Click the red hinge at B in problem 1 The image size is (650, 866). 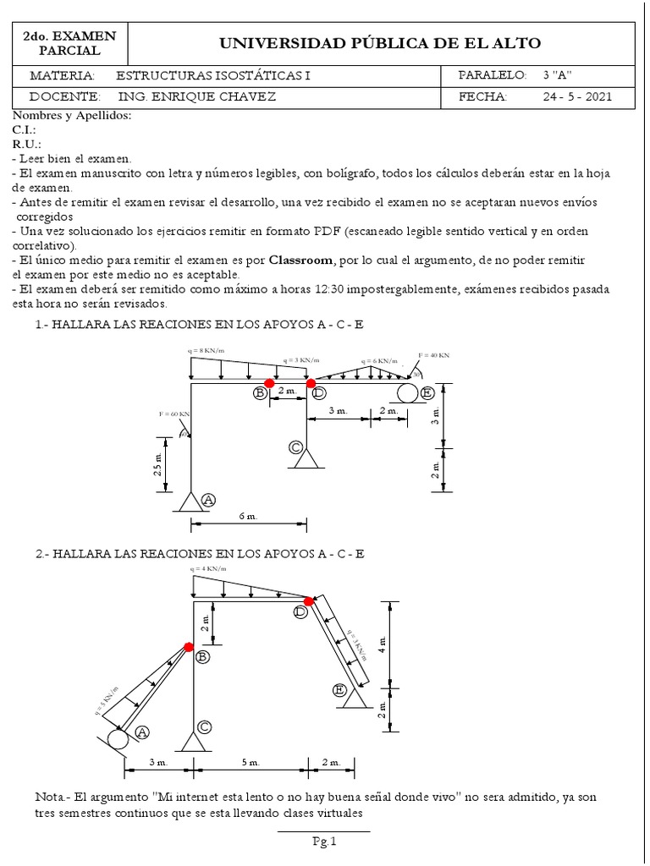tap(269, 383)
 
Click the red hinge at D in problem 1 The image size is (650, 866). tap(311, 383)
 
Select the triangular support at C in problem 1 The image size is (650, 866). tap(306, 459)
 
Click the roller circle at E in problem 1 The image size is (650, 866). tap(405, 392)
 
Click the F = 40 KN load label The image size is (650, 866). tap(434, 355)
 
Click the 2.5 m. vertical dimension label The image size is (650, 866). tap(158, 464)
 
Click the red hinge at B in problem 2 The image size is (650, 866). tap(188, 647)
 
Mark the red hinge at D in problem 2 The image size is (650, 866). tap(309, 601)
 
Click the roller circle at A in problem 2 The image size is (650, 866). tap(118, 738)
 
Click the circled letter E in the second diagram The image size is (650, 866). tap(340, 691)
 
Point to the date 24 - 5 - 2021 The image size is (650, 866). tap(577, 96)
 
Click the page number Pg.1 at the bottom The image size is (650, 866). tap(324, 841)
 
